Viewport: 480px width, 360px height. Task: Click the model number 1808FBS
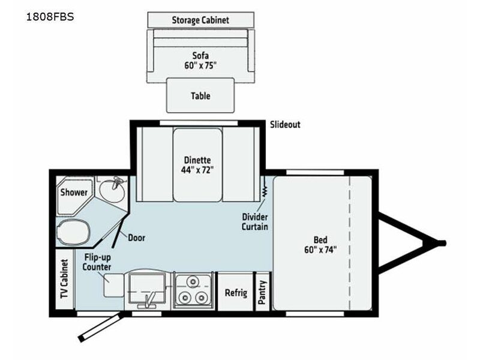click(50, 17)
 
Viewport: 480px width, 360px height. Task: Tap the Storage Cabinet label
click(200, 20)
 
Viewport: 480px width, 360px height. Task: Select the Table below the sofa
click(200, 95)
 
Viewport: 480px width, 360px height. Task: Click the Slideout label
click(285, 125)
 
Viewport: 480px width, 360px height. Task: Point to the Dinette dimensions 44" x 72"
click(197, 170)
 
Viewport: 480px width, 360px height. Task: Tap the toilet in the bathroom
click(74, 233)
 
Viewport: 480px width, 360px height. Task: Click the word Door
click(137, 238)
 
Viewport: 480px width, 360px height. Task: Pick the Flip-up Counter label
click(97, 262)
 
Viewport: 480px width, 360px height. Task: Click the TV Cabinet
click(65, 279)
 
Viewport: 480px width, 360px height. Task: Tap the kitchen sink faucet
click(147, 301)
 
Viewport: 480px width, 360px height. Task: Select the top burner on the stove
click(193, 281)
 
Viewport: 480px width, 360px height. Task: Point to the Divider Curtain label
click(254, 222)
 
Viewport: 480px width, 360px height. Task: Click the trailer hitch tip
click(444, 244)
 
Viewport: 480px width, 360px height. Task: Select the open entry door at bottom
click(101, 326)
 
